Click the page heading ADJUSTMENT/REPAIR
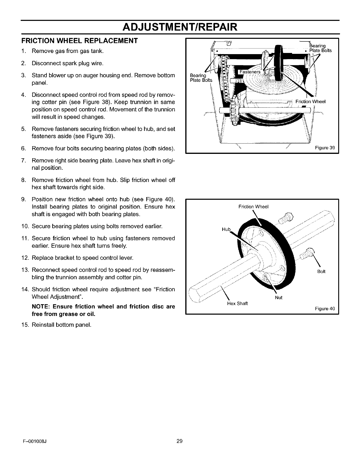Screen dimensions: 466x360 pyautogui.click(x=180, y=27)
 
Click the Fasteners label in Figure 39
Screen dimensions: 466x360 pyautogui.click(x=250, y=72)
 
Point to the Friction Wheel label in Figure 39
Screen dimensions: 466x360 pyautogui.click(x=310, y=102)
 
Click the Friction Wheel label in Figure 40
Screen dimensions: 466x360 pyautogui.click(x=254, y=207)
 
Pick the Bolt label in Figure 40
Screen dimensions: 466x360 pyautogui.click(x=321, y=272)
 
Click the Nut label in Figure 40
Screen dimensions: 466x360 pyautogui.click(x=279, y=297)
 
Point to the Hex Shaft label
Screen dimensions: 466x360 pyautogui.click(x=238, y=303)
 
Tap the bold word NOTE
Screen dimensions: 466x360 pyautogui.click(x=41, y=307)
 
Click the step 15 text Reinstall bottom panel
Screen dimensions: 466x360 pyautogui.click(x=61, y=325)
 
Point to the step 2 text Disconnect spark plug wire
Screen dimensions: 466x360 pyautogui.click(x=67, y=63)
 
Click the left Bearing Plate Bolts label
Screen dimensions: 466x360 pyautogui.click(x=201, y=78)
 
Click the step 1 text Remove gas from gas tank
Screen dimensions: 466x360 pyautogui.click(x=67, y=51)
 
